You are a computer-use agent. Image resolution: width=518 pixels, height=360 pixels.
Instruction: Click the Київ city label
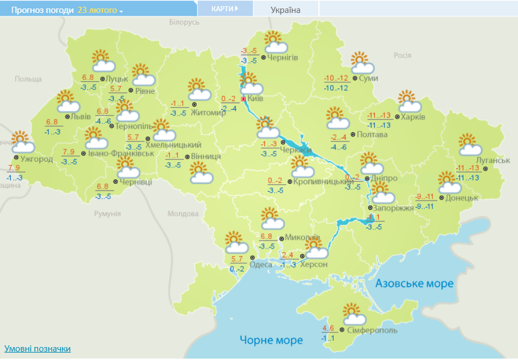click(256, 99)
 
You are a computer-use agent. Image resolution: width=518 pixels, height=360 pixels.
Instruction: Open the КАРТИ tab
click(224, 8)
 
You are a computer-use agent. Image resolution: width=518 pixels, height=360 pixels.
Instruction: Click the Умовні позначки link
click(38, 349)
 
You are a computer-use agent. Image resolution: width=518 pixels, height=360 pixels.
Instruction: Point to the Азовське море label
click(414, 283)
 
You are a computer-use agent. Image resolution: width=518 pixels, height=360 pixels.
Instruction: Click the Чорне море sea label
click(271, 340)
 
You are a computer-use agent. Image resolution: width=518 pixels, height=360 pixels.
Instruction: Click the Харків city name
click(414, 117)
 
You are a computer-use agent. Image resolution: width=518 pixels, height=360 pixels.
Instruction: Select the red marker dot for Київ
click(243, 99)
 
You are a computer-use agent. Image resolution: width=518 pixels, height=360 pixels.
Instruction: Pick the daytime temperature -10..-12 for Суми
click(336, 78)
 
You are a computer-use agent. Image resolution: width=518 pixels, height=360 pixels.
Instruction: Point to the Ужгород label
click(37, 159)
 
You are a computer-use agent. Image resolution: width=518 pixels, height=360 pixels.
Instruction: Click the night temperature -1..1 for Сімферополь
click(328, 339)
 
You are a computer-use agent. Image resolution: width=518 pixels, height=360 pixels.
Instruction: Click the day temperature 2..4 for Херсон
click(287, 255)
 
